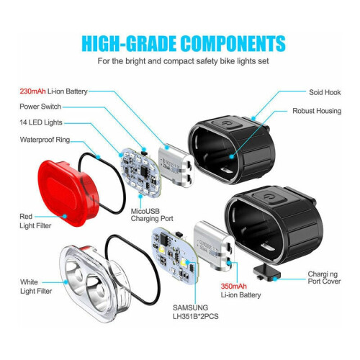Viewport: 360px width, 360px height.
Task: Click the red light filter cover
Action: [68, 192]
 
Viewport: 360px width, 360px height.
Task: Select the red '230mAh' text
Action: [32, 91]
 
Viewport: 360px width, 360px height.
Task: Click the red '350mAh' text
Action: [233, 286]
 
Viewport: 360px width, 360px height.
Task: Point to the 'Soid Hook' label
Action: [325, 92]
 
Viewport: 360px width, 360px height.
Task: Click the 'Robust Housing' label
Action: [317, 111]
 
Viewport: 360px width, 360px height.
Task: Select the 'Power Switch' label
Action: [40, 107]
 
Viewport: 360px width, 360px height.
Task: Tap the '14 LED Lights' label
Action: [41, 122]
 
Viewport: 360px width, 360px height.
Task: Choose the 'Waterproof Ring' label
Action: [45, 140]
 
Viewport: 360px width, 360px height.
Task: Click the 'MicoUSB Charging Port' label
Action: [152, 215]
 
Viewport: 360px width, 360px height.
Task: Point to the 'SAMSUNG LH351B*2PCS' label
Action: [196, 312]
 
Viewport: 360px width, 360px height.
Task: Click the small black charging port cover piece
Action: [267, 273]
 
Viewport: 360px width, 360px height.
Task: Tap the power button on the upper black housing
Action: [225, 125]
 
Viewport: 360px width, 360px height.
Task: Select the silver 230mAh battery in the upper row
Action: [176, 166]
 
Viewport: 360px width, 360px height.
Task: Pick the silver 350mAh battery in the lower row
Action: [214, 246]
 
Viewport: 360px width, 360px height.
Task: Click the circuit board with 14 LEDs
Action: [141, 172]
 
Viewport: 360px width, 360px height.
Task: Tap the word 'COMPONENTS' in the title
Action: [233, 43]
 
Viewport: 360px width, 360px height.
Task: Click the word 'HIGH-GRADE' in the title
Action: [128, 43]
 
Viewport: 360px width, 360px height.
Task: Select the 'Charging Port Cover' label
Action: [324, 278]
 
